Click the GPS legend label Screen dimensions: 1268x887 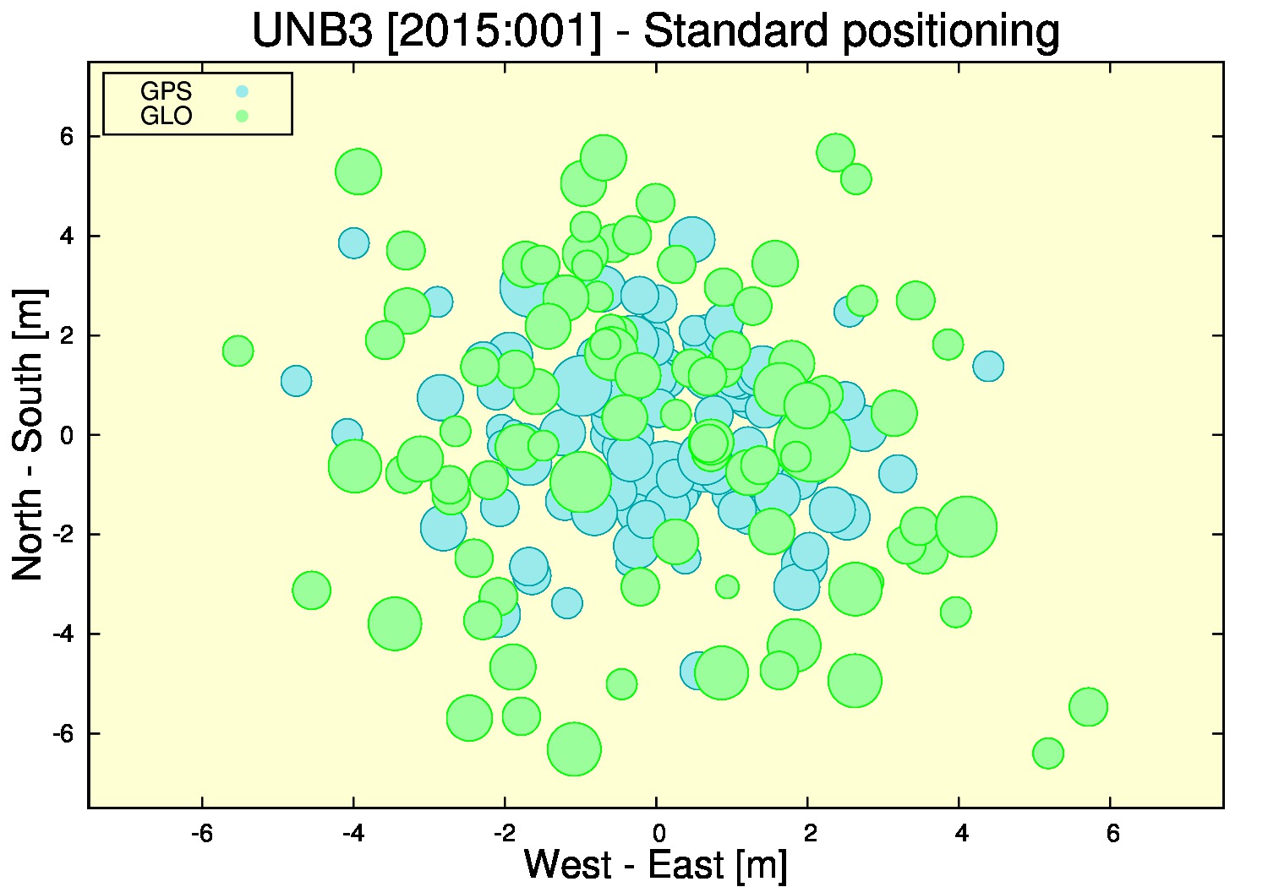coord(166,91)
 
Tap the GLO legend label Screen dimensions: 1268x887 coord(166,116)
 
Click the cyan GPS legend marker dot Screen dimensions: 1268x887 coord(242,91)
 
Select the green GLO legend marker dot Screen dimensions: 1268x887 coord(242,116)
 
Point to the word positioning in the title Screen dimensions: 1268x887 coord(950,32)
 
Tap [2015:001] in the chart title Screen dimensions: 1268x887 coord(495,30)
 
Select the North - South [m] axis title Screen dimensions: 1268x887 coord(28,434)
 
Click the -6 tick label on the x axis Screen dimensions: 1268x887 coord(201,833)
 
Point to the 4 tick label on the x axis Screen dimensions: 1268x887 coord(961,833)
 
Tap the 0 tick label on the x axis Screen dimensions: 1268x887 coord(659,833)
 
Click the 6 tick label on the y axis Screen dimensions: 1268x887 coord(68,136)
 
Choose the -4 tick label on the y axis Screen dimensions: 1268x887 coord(63,634)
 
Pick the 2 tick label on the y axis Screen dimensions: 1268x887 coord(68,335)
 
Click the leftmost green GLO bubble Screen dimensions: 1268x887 coord(238,351)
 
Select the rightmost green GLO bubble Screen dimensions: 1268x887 coord(1088,706)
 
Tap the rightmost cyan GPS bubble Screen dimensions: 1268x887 coord(988,366)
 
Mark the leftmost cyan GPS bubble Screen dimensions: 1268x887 coord(296,381)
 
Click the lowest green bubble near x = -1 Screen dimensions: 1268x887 coord(574,749)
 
